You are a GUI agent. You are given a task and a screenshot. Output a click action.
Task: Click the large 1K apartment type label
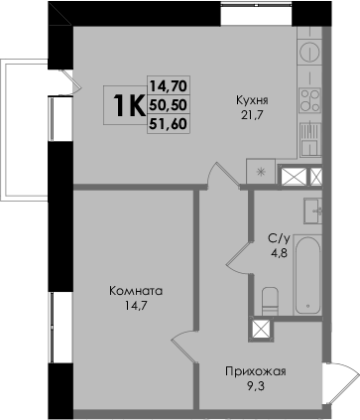[x=129, y=105]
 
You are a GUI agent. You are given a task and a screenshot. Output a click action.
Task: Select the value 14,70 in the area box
[x=169, y=86]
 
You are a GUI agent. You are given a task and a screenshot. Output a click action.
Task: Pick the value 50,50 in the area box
[x=169, y=105]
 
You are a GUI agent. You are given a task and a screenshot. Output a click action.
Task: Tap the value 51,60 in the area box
[x=169, y=124]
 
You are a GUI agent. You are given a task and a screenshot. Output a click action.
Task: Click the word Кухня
[x=252, y=100]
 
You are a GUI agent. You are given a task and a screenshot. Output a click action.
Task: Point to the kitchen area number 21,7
[x=252, y=115]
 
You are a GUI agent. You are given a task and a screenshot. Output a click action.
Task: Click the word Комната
[x=136, y=291]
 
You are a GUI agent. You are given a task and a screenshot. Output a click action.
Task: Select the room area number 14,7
[x=136, y=306]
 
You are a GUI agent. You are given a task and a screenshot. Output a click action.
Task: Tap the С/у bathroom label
[x=280, y=238]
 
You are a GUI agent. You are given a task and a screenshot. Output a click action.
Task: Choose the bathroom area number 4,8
[x=280, y=254]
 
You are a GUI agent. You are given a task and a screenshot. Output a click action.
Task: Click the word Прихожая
[x=256, y=371]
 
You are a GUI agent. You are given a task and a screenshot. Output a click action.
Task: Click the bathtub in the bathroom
[x=307, y=275]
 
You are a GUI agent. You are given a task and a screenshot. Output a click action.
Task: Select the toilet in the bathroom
[x=271, y=301]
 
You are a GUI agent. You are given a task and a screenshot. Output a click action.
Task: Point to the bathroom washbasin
[x=312, y=210]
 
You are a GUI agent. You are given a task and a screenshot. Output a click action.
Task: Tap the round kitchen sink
[x=310, y=52]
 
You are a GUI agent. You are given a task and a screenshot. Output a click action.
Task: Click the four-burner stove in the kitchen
[x=310, y=100]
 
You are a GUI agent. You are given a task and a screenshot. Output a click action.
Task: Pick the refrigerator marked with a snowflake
[x=261, y=171]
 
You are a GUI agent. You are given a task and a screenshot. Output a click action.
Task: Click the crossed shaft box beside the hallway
[x=262, y=330]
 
